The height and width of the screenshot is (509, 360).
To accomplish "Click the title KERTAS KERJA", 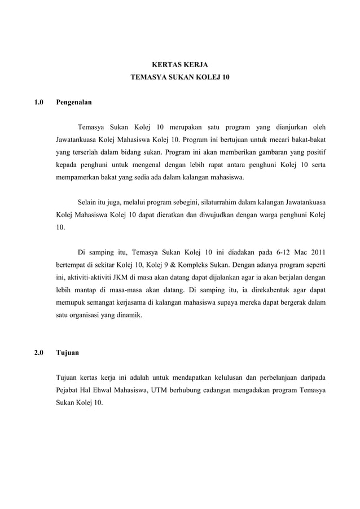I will tap(180, 65).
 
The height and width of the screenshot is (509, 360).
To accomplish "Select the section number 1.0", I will tap(39, 103).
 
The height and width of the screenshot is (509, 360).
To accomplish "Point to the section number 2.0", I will tap(39, 353).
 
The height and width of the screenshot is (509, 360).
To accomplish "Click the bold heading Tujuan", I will tap(68, 353).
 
